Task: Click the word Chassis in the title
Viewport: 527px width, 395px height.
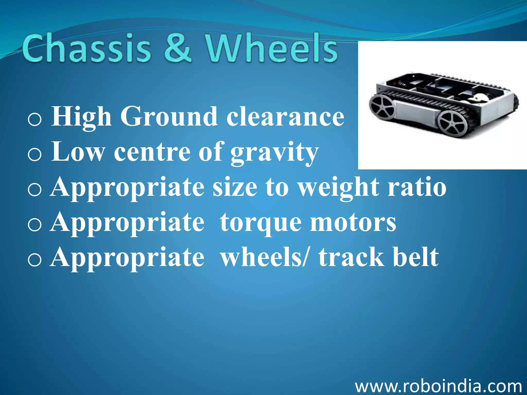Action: (x=86, y=48)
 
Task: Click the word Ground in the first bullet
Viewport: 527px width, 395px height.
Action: (x=169, y=117)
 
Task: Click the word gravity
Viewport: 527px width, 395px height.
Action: (x=274, y=153)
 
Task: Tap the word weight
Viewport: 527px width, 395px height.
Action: (x=338, y=188)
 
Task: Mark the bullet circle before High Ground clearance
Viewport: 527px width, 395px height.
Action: (x=34, y=120)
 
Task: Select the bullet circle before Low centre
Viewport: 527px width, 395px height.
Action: (x=34, y=155)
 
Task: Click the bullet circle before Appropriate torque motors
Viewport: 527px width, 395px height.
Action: (x=34, y=225)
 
